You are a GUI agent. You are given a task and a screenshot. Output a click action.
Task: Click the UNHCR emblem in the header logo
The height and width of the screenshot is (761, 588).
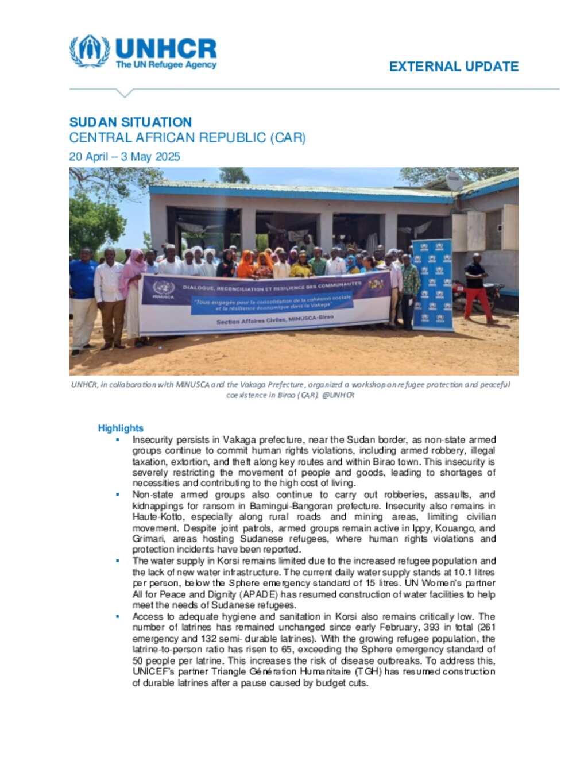click(x=89, y=51)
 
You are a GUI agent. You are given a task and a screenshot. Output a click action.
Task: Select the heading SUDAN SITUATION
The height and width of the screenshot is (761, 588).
click(x=130, y=122)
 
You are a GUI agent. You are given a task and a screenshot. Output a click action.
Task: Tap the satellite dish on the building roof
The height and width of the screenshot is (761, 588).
click(x=454, y=181)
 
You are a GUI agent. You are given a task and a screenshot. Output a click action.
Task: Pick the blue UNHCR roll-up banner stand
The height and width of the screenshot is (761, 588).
click(x=432, y=284)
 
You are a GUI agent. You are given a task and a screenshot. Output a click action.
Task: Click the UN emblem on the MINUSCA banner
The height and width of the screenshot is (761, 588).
click(x=163, y=288)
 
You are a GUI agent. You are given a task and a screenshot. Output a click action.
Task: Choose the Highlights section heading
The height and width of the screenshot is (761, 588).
click(x=121, y=428)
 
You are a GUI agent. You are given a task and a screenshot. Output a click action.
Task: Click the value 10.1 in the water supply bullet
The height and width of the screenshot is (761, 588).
click(x=463, y=572)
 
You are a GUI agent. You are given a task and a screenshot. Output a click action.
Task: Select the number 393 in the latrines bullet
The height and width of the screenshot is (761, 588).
click(x=432, y=627)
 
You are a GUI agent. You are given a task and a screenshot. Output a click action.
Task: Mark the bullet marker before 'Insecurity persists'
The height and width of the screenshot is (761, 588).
click(x=118, y=440)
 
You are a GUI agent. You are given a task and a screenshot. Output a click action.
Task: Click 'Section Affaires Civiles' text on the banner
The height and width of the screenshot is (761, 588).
click(x=250, y=321)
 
